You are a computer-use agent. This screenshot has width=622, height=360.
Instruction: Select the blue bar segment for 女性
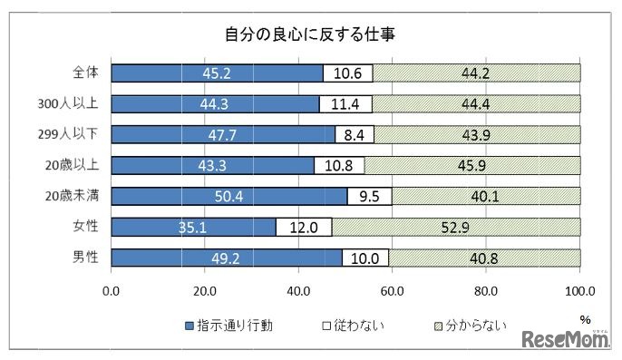pos(194,227)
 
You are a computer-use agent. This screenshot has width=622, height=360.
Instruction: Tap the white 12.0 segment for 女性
pos(304,227)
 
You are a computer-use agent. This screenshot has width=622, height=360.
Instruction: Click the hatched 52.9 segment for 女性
pos(456,227)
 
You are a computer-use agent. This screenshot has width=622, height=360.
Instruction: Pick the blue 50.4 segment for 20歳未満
pos(229,196)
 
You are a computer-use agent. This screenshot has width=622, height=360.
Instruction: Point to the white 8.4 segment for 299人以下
pos(355,134)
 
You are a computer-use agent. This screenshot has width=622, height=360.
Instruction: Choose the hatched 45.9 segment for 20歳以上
pos(472,165)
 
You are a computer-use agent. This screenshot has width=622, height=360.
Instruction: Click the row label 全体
pos(86,73)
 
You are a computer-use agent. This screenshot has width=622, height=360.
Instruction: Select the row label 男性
pos(86,258)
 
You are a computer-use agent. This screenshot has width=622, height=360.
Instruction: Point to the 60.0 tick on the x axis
pos(393,291)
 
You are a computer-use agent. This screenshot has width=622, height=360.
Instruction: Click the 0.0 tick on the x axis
pos(112,291)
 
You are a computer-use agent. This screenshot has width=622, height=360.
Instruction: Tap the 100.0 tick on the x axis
pos(579,291)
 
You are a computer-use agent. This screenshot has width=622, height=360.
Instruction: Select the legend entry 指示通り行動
pos(224,325)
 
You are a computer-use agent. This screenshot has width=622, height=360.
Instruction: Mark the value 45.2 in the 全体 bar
pos(217,73)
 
